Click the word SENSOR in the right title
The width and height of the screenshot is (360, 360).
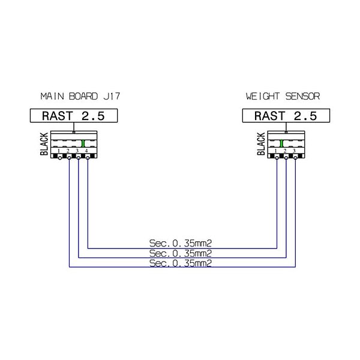(x=304, y=96)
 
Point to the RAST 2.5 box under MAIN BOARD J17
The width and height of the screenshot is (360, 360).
(x=73, y=116)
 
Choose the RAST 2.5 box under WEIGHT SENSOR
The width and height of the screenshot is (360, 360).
(x=286, y=116)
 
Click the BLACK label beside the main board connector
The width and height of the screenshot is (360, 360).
(x=44, y=145)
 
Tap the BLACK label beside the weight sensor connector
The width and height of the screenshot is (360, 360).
(x=262, y=145)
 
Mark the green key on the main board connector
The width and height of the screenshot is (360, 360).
(x=82, y=143)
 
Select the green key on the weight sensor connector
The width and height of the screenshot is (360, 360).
(x=281, y=143)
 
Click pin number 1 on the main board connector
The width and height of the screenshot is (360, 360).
(x=59, y=150)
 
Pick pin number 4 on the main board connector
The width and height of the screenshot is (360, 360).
(x=86, y=150)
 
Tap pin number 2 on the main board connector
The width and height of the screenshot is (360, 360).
(x=68, y=150)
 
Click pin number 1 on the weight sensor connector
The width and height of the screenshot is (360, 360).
(x=277, y=150)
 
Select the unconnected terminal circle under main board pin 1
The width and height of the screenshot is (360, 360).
(x=59, y=158)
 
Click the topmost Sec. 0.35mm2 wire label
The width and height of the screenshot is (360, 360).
(x=182, y=243)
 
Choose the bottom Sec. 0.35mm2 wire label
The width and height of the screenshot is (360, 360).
(x=182, y=263)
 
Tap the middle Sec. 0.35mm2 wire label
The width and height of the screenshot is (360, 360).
(x=182, y=253)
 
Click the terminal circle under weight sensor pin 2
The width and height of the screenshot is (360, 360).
(x=286, y=158)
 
